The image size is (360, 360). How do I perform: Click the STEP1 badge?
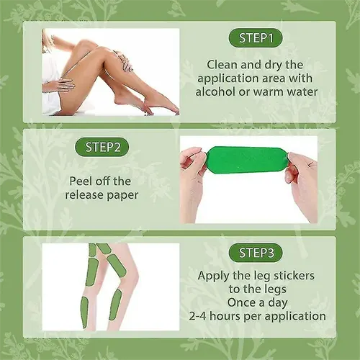(255, 38)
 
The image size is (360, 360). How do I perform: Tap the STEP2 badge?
(102, 147)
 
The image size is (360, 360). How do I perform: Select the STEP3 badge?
(256, 253)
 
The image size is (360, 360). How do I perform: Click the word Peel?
(81, 181)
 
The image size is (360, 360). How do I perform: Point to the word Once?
(241, 302)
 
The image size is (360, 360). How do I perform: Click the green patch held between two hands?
(247, 160)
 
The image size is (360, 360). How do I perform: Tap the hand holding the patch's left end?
(192, 178)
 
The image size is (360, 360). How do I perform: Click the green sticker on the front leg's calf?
(114, 305)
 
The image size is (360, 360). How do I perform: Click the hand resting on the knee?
(127, 63)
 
